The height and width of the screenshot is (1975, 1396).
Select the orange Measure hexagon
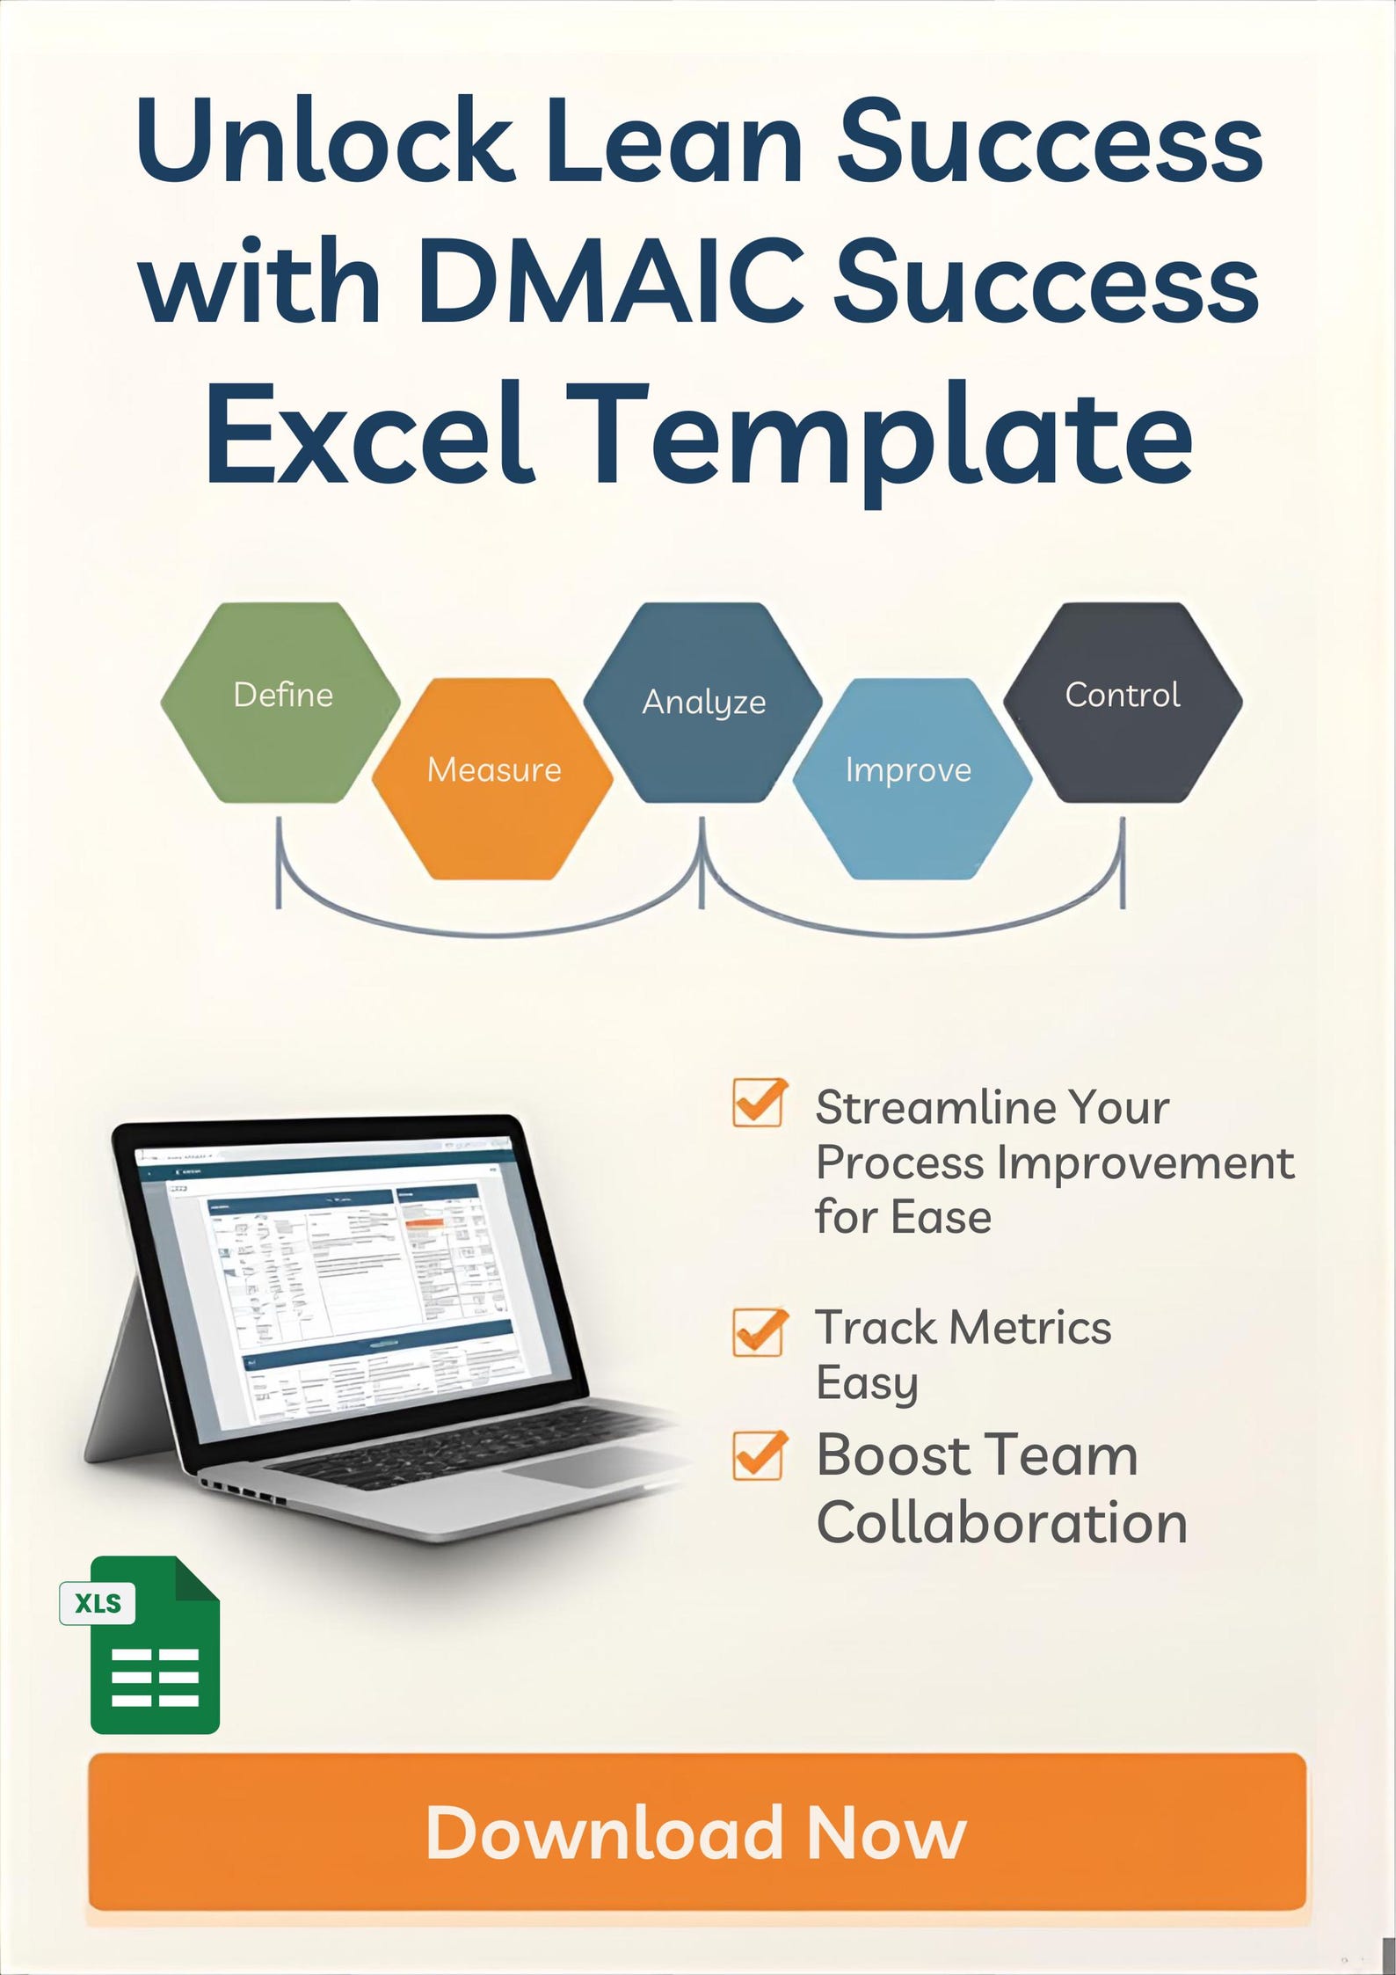[x=492, y=777]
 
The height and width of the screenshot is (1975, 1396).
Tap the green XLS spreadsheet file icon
[x=149, y=1644]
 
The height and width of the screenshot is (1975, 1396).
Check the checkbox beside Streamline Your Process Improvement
[x=758, y=1103]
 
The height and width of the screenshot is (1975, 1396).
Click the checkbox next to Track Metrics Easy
[x=758, y=1332]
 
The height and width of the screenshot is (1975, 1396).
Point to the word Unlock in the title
[x=325, y=141]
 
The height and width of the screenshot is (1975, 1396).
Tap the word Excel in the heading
[x=369, y=435]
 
